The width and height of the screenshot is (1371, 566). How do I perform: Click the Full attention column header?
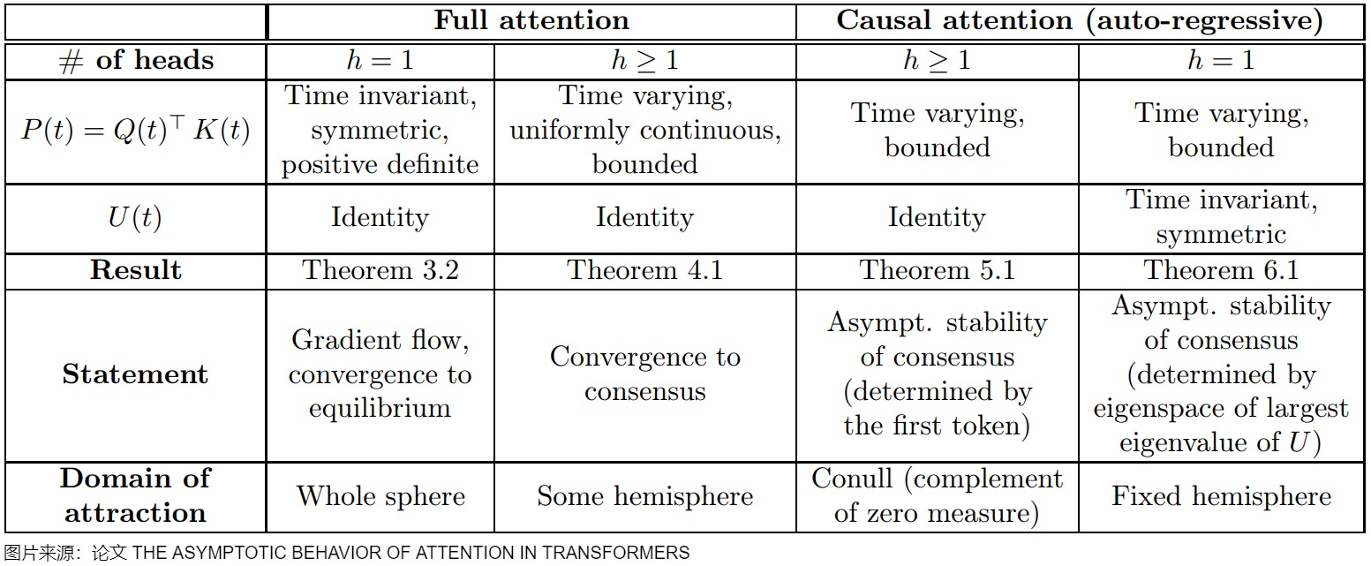click(x=531, y=21)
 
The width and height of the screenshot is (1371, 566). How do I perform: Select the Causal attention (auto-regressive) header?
click(x=1080, y=21)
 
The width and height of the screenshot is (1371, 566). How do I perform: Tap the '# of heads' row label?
click(x=136, y=61)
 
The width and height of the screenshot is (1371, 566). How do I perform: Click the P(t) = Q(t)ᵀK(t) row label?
click(x=136, y=131)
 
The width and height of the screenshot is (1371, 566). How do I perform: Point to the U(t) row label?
click(x=135, y=218)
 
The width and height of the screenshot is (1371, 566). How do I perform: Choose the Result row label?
click(x=136, y=270)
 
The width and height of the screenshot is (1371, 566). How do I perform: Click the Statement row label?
click(x=135, y=374)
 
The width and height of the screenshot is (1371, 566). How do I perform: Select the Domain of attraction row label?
click(x=135, y=495)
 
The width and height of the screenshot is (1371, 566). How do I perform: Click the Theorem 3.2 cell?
click(x=380, y=270)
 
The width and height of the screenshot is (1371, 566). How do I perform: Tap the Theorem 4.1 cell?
click(x=645, y=270)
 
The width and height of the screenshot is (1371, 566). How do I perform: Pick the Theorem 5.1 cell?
click(x=937, y=270)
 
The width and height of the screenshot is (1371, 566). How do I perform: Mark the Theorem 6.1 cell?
click(x=1221, y=270)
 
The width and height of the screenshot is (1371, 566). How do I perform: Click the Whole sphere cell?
click(x=380, y=496)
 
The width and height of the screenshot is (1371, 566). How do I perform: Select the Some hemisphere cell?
click(x=645, y=496)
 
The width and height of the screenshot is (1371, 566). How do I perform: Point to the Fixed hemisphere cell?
click(x=1221, y=496)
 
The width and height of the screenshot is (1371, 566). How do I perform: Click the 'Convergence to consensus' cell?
click(x=645, y=374)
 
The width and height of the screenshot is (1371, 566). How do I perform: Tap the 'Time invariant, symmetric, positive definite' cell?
click(x=380, y=131)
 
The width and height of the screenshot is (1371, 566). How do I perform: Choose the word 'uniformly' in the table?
click(x=569, y=131)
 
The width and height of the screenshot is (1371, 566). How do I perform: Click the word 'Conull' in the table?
click(x=852, y=479)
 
